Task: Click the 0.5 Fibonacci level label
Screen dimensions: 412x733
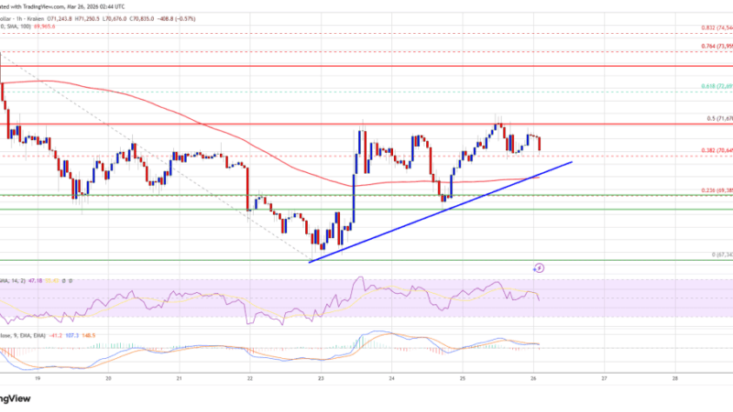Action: (713, 119)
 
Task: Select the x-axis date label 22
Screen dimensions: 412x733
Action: (249, 376)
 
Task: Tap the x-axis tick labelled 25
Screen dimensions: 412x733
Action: (462, 376)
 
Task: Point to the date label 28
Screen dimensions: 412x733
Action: (674, 376)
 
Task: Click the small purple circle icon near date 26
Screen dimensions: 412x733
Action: (539, 268)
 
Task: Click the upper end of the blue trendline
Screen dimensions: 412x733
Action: (571, 162)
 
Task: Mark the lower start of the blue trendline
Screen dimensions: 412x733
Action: (312, 262)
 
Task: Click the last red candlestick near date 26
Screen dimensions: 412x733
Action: (539, 144)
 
